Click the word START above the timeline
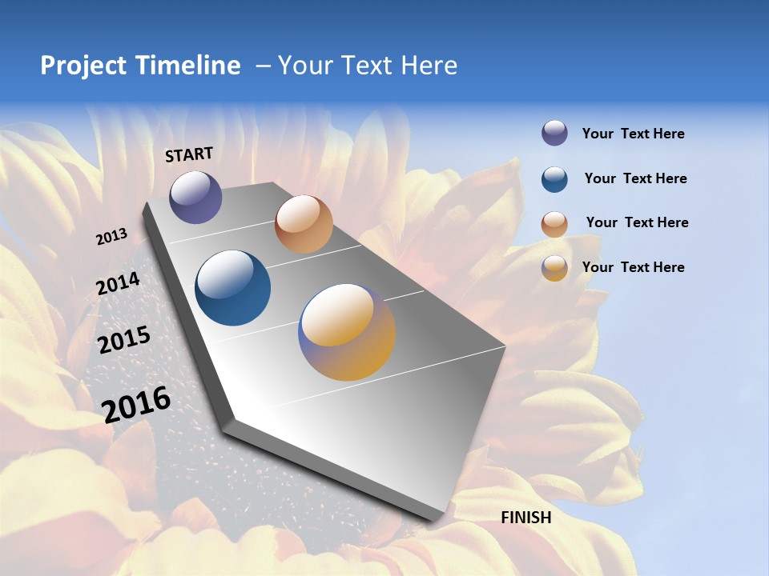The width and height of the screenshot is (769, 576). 189,154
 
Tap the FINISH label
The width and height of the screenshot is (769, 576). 526,518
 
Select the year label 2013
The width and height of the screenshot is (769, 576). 112,237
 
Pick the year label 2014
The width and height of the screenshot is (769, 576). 119,284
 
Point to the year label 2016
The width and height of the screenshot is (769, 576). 137,405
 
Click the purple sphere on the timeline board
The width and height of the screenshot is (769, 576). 195,197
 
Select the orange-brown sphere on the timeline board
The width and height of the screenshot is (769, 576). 304,224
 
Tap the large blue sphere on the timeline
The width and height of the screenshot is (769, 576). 233,288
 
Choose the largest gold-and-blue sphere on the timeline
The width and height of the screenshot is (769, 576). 347,332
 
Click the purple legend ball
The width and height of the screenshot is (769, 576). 554,134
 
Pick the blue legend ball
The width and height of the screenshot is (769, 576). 554,179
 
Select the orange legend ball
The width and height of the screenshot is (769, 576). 554,224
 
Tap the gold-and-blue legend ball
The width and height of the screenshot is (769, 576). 554,268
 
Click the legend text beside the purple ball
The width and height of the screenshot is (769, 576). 633,134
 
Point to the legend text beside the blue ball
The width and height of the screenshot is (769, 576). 635,178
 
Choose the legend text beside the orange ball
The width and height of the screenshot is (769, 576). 637,222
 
